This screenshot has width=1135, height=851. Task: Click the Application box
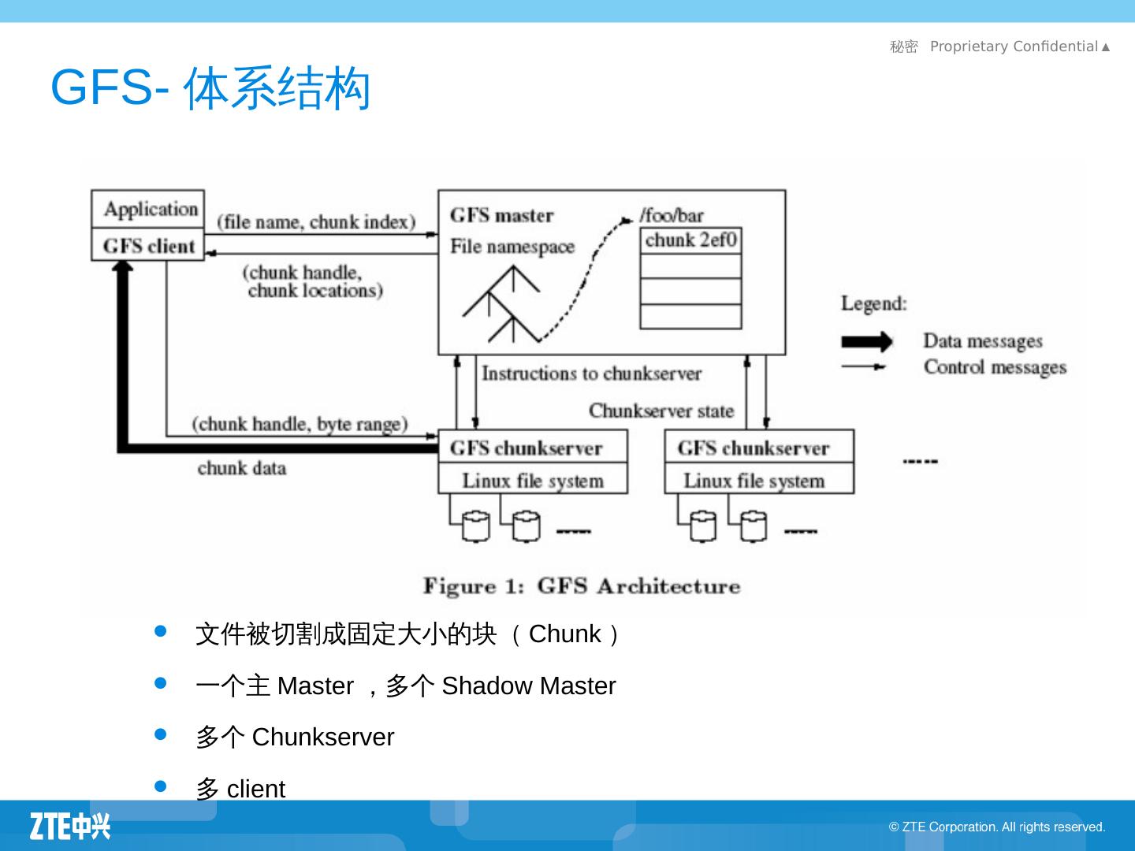[148, 210]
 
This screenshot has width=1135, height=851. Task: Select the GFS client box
[148, 246]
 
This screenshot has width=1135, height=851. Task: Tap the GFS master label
[501, 215]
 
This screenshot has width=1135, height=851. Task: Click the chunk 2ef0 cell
[690, 240]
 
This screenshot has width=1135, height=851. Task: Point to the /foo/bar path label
[672, 215]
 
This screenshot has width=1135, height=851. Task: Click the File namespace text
[512, 247]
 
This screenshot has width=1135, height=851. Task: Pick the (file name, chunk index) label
[316, 222]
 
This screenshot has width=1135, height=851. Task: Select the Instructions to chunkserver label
[591, 373]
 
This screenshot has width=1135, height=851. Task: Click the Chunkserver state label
[661, 411]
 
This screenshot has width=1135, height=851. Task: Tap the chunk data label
[241, 468]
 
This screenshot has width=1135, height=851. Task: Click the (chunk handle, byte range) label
[300, 425]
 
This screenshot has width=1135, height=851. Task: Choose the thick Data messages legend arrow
[866, 342]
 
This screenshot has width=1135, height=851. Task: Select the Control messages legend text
[995, 367]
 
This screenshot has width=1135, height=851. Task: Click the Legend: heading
[873, 303]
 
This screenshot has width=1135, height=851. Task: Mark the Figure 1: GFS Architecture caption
[582, 586]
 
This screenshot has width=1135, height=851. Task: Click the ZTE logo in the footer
[70, 826]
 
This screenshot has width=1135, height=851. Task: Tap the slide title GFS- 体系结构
[210, 87]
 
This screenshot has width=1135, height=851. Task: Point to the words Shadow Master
[528, 686]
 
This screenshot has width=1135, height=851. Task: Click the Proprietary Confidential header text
[1014, 46]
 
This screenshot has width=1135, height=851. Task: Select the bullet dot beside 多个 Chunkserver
[161, 734]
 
